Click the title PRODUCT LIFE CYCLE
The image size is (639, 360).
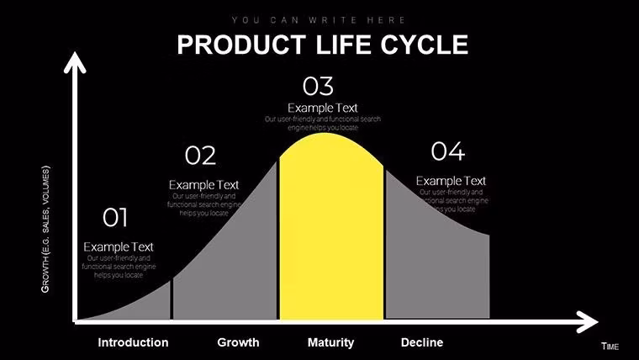[322, 45]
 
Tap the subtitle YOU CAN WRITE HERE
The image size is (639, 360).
[319, 19]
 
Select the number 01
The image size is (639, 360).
[115, 219]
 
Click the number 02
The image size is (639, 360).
[200, 156]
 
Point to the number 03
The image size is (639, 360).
[318, 86]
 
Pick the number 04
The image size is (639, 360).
[447, 151]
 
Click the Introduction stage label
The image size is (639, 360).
[133, 342]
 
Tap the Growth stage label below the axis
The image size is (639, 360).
[238, 342]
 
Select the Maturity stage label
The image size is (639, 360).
[330, 342]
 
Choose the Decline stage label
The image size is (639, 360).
[422, 342]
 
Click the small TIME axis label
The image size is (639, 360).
[610, 347]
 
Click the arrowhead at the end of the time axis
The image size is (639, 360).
[588, 320]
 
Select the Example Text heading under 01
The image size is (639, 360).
[119, 246]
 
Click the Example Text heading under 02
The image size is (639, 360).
[203, 184]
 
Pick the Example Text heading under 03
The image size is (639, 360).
[323, 108]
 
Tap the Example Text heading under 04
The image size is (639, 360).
[451, 181]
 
